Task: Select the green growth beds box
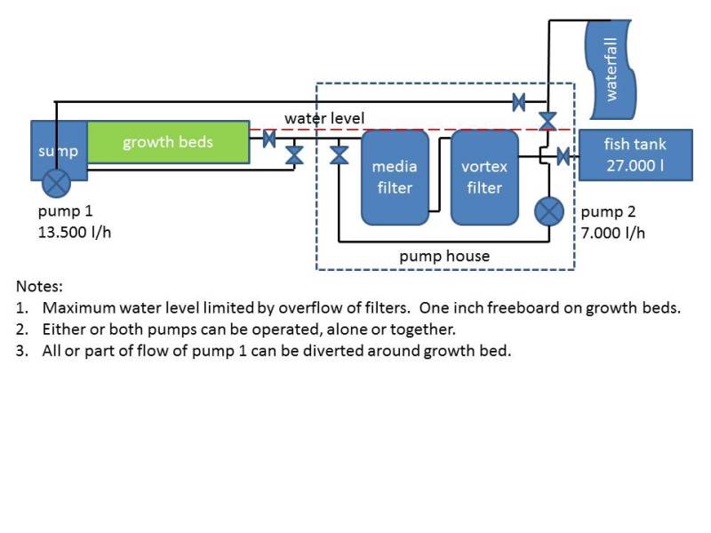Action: pos(168,142)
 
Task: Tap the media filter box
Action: pos(395,177)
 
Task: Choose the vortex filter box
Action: pos(484,177)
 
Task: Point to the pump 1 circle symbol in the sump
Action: pos(58,184)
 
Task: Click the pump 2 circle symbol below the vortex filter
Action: pos(548,212)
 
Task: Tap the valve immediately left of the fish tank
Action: pos(563,157)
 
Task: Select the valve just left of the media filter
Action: pos(339,155)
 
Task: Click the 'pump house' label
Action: pos(444,256)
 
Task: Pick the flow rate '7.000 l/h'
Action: pos(613,233)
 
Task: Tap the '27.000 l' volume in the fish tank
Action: pos(635,164)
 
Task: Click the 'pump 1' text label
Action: pos(65,212)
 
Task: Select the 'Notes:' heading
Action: pos(40,287)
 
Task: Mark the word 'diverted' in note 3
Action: pos(339,350)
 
